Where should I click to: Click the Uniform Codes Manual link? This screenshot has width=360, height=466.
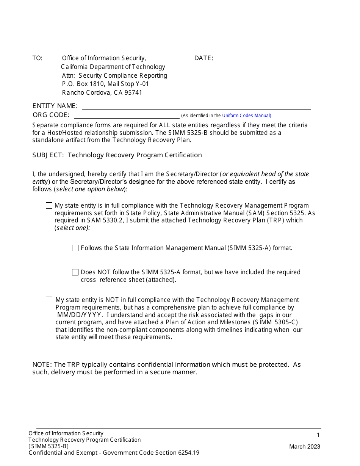pos(246,116)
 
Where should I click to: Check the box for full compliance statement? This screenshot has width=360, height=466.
pos(49,206)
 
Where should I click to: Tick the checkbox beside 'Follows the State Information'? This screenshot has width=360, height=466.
pos(75,248)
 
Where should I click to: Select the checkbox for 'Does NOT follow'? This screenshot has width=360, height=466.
pos(75,272)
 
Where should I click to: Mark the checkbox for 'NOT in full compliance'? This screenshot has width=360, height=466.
pos(49,300)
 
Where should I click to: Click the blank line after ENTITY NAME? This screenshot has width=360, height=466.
pos(196,106)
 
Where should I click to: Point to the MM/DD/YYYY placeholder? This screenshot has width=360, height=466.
pos(79,315)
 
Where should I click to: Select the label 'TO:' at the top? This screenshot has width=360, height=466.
pos(38,58)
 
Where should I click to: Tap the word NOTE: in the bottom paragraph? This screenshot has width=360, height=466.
pos(42,364)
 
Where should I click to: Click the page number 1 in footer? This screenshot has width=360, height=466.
pos(318,435)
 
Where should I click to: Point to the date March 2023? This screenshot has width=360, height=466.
pos(305,447)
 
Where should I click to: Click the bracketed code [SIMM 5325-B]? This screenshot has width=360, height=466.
pos(49,446)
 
